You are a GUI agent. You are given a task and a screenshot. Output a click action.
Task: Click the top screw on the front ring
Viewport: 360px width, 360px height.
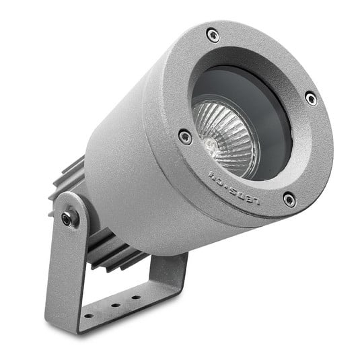(x=213, y=35)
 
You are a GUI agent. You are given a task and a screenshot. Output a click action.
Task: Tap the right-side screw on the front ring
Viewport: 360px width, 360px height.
(x=311, y=98)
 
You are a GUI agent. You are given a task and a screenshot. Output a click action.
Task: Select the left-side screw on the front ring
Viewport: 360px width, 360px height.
(x=185, y=137)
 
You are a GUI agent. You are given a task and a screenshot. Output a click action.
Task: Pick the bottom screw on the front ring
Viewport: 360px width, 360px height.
(x=289, y=199)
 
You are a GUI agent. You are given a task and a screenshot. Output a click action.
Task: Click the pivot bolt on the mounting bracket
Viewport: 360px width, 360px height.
(x=67, y=219)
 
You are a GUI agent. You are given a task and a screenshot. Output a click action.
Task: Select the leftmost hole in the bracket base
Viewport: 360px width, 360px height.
(x=87, y=314)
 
